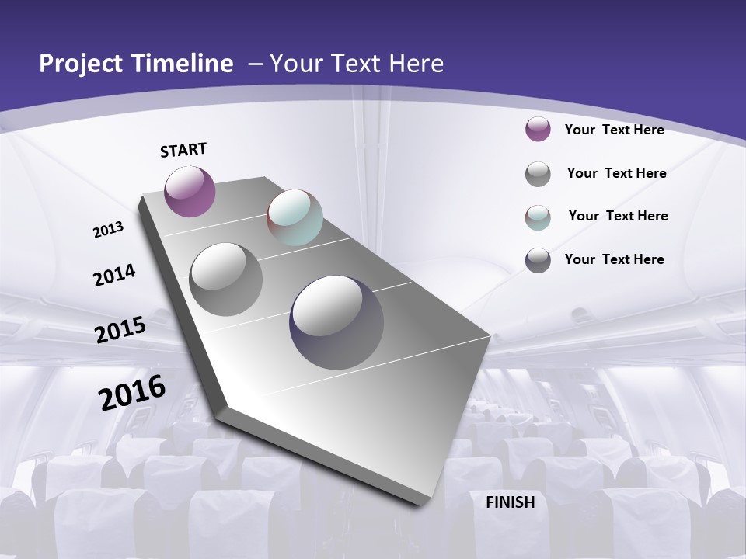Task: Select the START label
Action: pyautogui.click(x=183, y=150)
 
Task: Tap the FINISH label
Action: pyautogui.click(x=511, y=502)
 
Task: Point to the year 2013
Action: pyautogui.click(x=108, y=230)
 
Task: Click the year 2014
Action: pyautogui.click(x=115, y=275)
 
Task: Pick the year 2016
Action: pyautogui.click(x=132, y=392)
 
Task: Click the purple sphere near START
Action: pyautogui.click(x=190, y=191)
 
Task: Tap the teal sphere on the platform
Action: pyautogui.click(x=295, y=217)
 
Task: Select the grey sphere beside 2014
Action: pyautogui.click(x=226, y=279)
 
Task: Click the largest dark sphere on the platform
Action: pyautogui.click(x=336, y=322)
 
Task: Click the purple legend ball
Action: pyautogui.click(x=538, y=130)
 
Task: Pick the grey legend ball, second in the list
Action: pyautogui.click(x=538, y=174)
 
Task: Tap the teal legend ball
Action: pyautogui.click(x=538, y=217)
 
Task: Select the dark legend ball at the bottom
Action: pyautogui.click(x=538, y=260)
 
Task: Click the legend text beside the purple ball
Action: pyautogui.click(x=614, y=130)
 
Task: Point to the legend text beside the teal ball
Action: pyautogui.click(x=618, y=216)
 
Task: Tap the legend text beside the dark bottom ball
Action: pyautogui.click(x=614, y=259)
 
